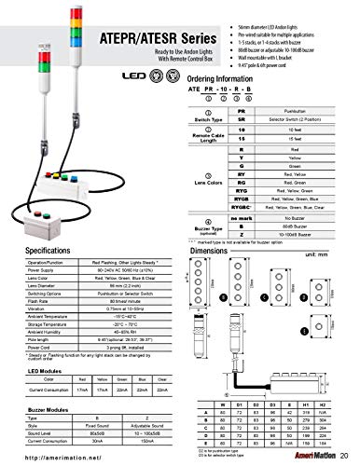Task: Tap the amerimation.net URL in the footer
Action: tap(56, 457)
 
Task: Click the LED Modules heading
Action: tap(34, 370)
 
